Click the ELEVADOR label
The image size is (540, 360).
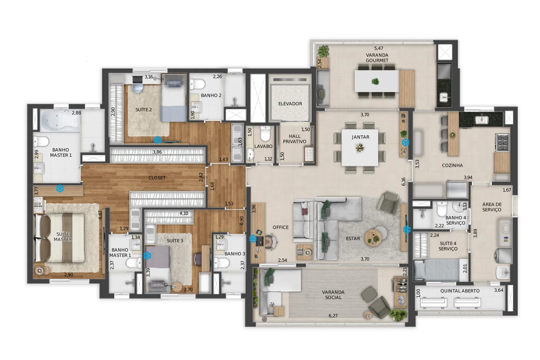pos(290,104)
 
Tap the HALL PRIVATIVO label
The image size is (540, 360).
pos(294,139)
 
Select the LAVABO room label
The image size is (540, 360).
pos(263,146)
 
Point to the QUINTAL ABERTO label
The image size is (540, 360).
pos(460,291)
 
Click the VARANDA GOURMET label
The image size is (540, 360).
pos(377,58)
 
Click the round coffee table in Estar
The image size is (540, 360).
pos(373,238)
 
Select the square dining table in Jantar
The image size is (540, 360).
pos(360,148)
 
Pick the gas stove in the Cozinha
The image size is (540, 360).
pos(502,142)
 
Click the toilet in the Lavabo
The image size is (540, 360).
pos(265,134)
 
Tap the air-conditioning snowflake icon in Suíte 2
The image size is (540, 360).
pos(157,140)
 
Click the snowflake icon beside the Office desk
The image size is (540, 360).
pos(253,239)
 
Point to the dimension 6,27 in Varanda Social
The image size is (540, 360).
pos(333,315)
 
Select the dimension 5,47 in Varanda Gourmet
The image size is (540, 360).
pos(378,48)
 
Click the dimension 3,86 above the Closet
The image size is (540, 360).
pos(157,152)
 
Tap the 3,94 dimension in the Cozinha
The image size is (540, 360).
pos(468,177)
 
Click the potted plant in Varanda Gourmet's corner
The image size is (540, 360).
pos(323,51)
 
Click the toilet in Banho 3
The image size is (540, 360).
pos(222,262)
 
